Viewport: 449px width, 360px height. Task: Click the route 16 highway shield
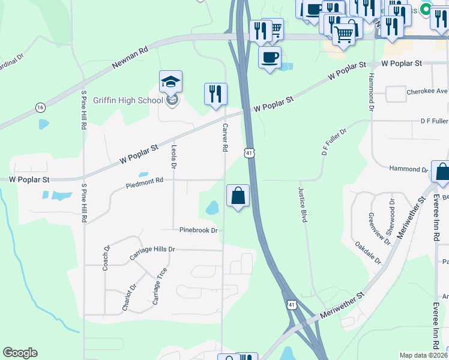[x=40, y=107]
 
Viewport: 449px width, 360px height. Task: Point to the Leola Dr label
[x=175, y=156]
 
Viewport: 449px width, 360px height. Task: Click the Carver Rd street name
[x=226, y=137]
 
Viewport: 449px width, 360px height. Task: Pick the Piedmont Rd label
[x=145, y=182]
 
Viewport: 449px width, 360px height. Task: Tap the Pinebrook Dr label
[x=197, y=230]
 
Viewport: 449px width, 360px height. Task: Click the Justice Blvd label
[x=303, y=205]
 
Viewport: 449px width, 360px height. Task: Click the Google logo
[x=20, y=353]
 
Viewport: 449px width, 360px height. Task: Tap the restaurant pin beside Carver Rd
[x=215, y=94]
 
